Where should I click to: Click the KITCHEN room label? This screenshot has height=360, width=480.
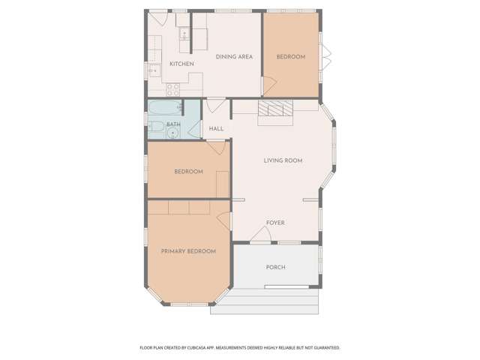pos(181,64)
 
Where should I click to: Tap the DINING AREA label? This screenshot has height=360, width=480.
pos(234,57)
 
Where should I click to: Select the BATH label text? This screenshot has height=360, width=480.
pos(173,124)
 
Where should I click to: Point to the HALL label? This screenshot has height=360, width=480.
pos(216,128)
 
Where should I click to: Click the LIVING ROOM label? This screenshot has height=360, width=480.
pos(283,160)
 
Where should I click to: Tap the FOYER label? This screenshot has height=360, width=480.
pos(275,223)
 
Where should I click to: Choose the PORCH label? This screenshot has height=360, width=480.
pos(276,267)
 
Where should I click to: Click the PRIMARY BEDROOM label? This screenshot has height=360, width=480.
pos(188,251)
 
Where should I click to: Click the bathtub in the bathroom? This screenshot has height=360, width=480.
pos(166,107)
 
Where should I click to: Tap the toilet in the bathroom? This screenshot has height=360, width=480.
pos(157,126)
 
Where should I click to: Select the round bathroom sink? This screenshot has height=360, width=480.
pos(173,133)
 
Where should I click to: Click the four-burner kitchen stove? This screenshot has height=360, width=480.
pos(173,89)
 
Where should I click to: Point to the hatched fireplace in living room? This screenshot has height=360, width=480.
pos(275,108)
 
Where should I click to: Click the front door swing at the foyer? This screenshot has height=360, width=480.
pos(261,234)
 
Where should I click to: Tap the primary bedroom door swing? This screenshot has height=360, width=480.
pos(223,220)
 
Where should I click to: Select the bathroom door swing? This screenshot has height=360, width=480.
pos(194,130)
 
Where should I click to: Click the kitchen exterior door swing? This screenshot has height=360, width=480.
pos(158,19)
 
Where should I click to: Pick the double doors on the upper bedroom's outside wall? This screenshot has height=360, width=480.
pos(325,57)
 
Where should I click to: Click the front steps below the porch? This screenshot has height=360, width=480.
pos(265,301)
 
